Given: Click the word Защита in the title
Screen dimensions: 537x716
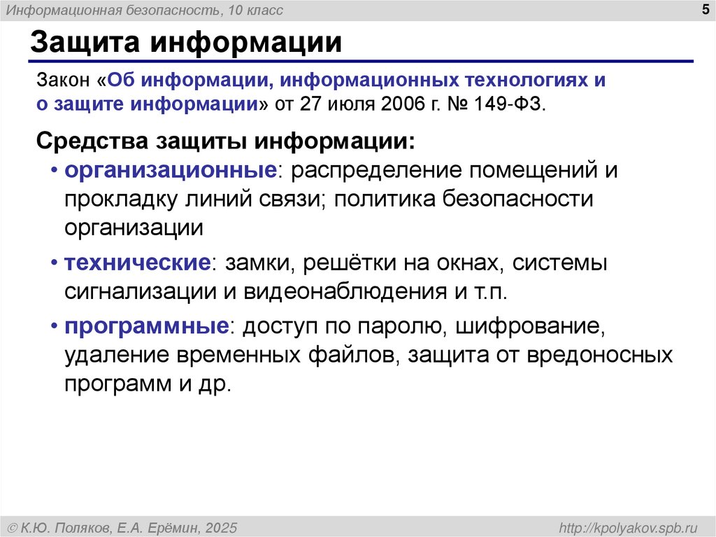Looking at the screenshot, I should click(86, 43).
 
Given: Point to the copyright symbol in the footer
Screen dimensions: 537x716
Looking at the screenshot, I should click(13, 527).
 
